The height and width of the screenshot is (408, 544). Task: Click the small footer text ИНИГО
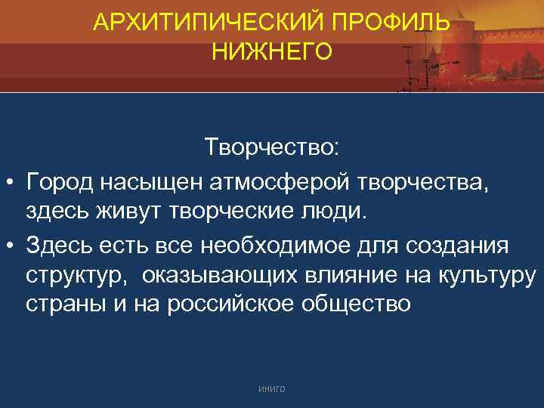coord(271,388)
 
